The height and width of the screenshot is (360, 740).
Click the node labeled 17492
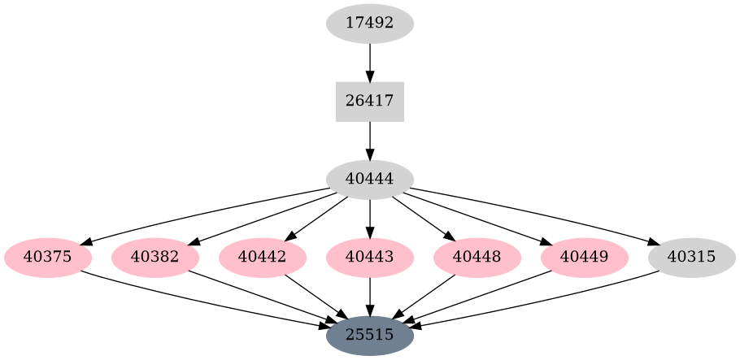(370, 23)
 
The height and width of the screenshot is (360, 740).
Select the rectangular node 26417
(370, 102)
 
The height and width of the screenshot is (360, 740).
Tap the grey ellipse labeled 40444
(370, 180)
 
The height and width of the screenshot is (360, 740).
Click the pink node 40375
(48, 258)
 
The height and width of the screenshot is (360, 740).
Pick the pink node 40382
(155, 258)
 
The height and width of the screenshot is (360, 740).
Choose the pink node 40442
(263, 258)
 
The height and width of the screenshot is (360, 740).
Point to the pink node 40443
(370, 258)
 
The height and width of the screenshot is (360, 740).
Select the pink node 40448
(477, 258)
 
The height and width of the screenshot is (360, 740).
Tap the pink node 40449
(585, 258)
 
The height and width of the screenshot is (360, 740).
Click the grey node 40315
(692, 258)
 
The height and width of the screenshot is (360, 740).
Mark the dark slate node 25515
(370, 335)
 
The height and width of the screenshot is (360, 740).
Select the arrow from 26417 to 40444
(370, 141)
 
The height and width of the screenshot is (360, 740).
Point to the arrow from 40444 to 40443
(370, 218)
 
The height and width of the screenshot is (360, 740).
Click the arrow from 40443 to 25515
(370, 296)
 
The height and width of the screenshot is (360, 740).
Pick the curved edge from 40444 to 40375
(203, 212)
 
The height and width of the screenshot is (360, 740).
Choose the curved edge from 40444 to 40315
(537, 212)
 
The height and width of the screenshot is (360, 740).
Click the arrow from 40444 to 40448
(423, 218)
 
